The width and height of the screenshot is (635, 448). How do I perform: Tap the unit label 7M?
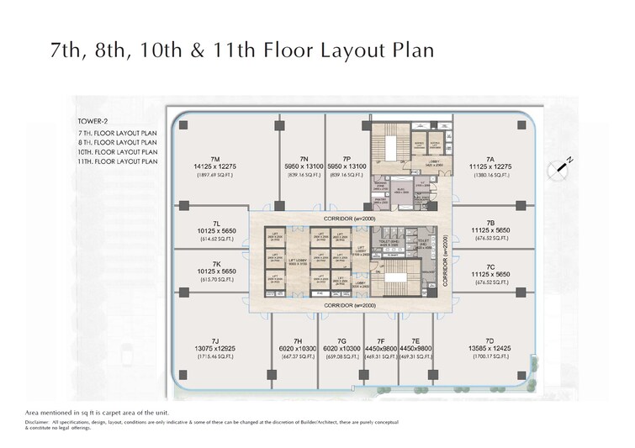215,158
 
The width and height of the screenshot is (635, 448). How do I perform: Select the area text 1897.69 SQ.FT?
215,177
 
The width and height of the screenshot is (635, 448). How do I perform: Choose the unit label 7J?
215,340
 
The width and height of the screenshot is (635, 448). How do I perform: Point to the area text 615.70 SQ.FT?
215,283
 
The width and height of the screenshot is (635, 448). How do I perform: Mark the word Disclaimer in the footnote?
40,423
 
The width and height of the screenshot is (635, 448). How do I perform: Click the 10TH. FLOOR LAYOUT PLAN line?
116,151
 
